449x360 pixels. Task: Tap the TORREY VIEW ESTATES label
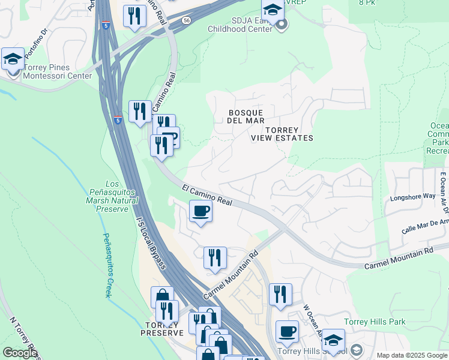[282, 134]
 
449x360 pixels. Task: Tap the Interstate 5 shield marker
[118, 120]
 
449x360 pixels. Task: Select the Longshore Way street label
[413, 196]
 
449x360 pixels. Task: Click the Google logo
[20, 352]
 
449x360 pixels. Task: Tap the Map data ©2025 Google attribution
[412, 355]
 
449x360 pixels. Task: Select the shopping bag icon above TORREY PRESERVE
[162, 297]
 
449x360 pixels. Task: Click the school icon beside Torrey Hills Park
[333, 340]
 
